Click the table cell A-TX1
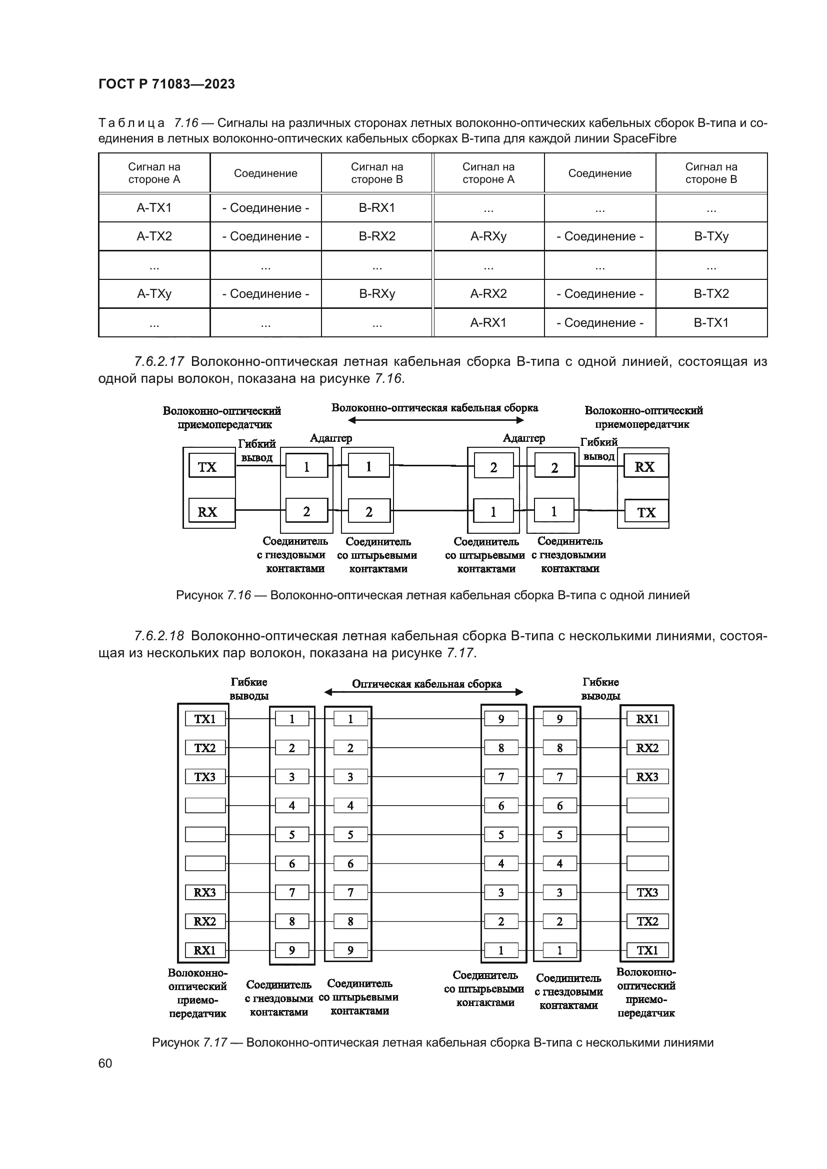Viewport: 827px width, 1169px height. coord(154,208)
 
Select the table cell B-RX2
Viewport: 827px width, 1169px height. coord(377,236)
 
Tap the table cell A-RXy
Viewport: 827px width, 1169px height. coord(488,236)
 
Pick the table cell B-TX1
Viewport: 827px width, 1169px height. coord(711,322)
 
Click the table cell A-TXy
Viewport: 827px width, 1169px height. coord(154,294)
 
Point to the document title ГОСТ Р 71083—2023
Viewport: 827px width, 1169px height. coord(166,84)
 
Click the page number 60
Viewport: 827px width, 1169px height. coord(105,1063)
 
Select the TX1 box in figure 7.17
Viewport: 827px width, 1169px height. coord(204,719)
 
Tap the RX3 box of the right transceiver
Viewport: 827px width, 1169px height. coord(646,777)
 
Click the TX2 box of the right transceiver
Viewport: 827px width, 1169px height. coord(646,921)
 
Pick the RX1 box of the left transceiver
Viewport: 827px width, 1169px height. coord(204,950)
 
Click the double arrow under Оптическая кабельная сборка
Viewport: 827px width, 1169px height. coord(423,692)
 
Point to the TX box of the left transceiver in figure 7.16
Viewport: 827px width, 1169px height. coord(207,467)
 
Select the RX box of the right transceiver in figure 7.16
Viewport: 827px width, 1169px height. coord(644,467)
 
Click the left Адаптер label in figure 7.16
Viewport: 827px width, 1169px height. coord(331,438)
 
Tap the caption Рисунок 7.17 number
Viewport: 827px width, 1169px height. coord(215,1042)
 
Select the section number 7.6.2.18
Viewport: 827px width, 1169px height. coord(159,636)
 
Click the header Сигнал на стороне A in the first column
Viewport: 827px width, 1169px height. coord(154,173)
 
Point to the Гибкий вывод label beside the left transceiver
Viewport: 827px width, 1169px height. coord(256,451)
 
